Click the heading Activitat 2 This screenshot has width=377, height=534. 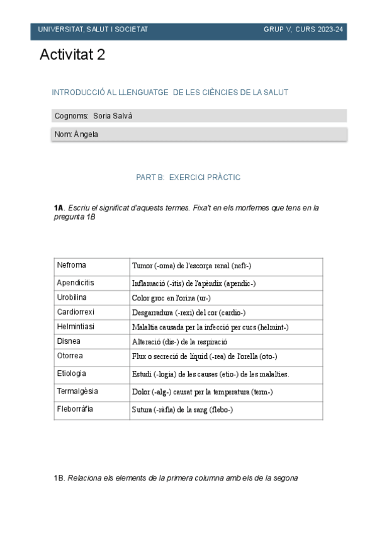point(72,55)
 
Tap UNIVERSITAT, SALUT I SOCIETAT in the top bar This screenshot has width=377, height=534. point(93,30)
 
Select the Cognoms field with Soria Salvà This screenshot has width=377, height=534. point(199,116)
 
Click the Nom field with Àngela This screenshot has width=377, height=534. point(199,134)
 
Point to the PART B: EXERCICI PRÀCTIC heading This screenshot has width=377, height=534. point(188,178)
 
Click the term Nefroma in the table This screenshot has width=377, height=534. point(72,265)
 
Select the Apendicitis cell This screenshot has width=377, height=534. point(76,282)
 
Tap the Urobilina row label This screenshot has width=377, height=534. point(72,297)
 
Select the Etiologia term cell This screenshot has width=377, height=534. point(71,373)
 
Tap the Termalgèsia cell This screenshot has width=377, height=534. point(77,391)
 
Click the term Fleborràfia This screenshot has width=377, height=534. point(75,409)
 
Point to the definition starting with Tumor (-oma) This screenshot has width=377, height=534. point(191,266)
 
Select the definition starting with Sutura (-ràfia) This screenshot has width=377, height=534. point(183,409)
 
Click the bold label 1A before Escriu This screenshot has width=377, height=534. point(59,207)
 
